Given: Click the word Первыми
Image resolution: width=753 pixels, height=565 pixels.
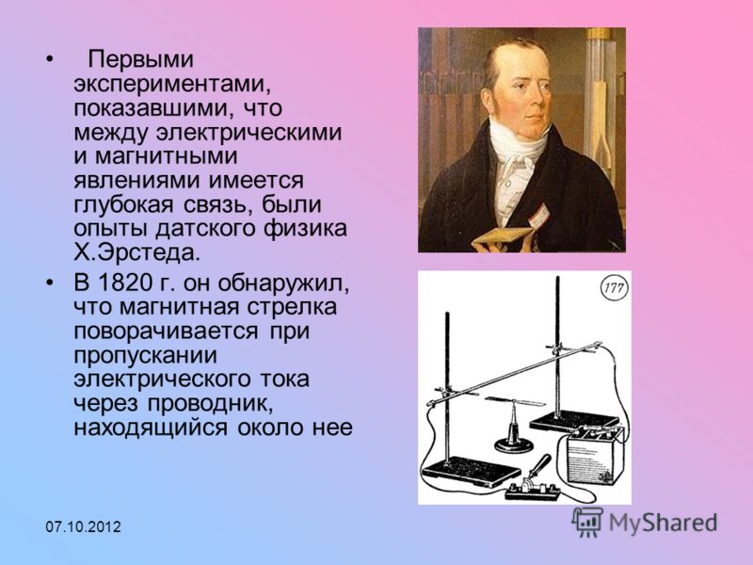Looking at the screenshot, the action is click(140, 60).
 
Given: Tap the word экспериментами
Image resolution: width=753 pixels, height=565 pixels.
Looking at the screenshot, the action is click(170, 85).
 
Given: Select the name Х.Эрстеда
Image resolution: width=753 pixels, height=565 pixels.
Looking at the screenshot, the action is click(136, 252).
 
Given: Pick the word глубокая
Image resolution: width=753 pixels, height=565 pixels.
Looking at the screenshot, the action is click(123, 204).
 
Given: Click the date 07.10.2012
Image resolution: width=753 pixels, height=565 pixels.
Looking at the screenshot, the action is click(83, 527).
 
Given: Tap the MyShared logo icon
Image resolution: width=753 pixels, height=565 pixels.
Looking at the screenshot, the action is click(587, 522).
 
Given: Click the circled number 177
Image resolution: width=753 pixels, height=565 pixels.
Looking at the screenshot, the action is click(615, 288).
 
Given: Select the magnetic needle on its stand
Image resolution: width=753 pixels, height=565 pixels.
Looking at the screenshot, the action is click(514, 424).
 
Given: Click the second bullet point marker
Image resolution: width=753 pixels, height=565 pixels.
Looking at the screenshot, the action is click(49, 283).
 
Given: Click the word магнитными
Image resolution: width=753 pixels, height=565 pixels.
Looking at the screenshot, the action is click(167, 156).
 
